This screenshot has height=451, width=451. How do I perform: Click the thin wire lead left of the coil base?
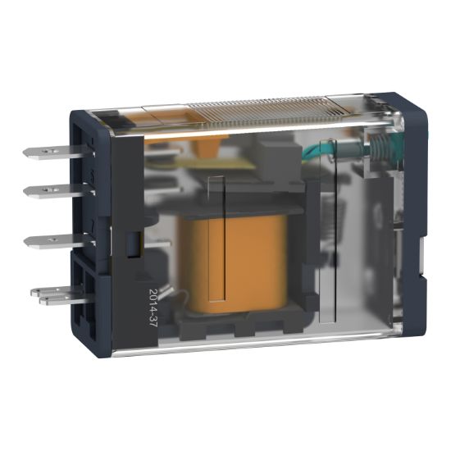tap(168, 295)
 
